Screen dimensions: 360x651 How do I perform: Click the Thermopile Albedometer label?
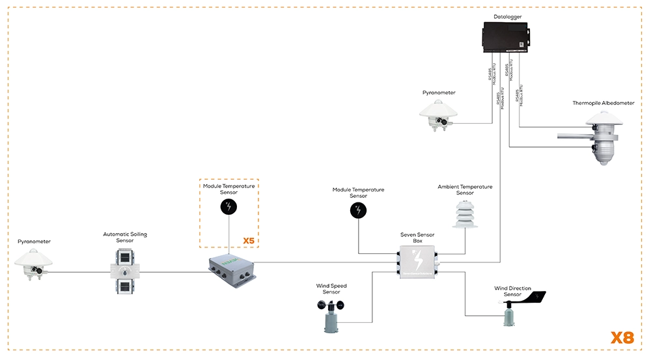(603, 103)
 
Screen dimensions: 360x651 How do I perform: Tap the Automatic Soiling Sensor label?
(125, 237)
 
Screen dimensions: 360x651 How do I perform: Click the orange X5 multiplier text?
(249, 241)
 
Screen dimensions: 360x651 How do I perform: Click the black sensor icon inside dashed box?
(229, 208)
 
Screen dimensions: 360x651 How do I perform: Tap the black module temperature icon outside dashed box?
(358, 210)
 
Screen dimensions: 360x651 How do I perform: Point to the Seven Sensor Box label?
(417, 237)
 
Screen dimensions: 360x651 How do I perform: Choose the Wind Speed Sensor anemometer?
(332, 316)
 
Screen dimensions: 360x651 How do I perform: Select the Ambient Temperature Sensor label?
(465, 189)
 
